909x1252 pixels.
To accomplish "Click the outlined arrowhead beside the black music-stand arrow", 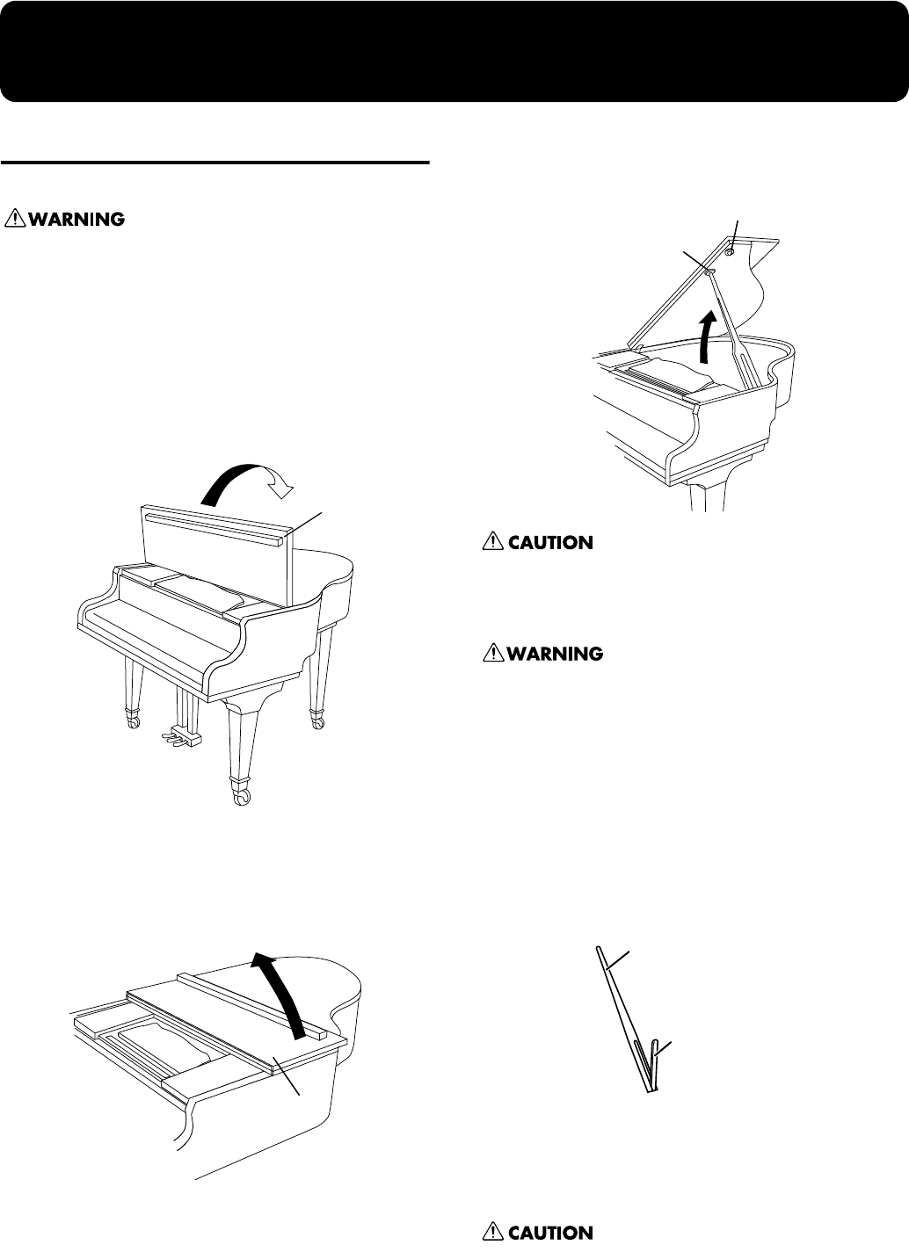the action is point(283,482).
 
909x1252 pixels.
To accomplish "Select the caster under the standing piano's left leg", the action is point(135,721).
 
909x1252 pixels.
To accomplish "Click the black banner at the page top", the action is point(454,50).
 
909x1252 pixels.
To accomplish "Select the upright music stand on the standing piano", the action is point(215,554).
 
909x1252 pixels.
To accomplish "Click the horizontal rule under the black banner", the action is point(215,163).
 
